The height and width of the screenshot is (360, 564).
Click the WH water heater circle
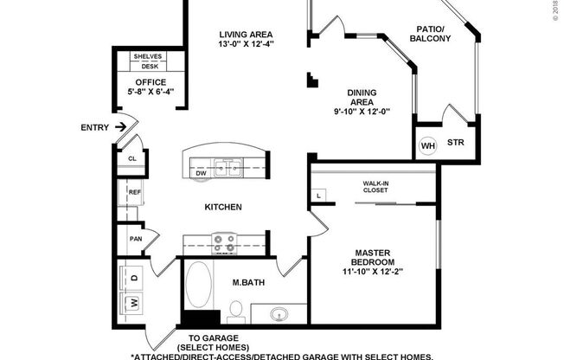[x=427, y=145]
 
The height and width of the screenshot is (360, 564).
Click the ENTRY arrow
[x=122, y=127]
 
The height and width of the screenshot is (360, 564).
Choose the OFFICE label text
[x=150, y=83]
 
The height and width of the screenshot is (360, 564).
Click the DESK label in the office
[x=150, y=66]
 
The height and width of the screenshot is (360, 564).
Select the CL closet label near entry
[x=132, y=159]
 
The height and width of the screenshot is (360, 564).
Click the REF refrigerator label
[x=134, y=192]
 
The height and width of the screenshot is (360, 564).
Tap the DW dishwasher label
[x=201, y=173]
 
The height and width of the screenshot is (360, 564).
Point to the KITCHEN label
[x=222, y=208]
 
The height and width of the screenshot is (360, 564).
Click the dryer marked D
[x=133, y=279]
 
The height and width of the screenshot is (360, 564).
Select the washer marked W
[x=133, y=303]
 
